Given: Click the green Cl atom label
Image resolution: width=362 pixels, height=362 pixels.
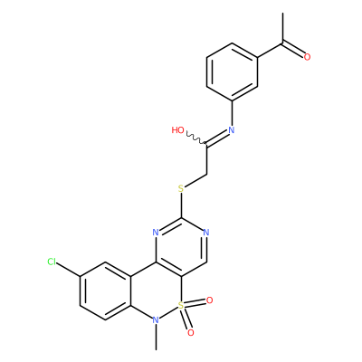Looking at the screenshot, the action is tap(52, 262).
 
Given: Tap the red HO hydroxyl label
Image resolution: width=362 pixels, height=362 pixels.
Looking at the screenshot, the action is tap(177, 130).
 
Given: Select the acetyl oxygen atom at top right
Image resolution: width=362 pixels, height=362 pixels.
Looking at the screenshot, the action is tap(307, 57).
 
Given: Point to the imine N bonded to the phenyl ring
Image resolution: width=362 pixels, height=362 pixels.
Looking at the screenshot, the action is tap(232, 130).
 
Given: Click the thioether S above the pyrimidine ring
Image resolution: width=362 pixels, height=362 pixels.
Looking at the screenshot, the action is tap(181, 189).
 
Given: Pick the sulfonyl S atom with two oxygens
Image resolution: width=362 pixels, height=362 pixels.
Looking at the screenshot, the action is tap(181, 306).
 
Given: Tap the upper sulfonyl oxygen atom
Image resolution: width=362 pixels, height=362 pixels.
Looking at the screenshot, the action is tap(209, 300).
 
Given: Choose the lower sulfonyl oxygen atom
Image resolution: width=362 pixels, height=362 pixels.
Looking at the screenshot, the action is tap(191, 333).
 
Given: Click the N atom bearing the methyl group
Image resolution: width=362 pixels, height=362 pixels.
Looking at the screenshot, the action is tap(156, 320).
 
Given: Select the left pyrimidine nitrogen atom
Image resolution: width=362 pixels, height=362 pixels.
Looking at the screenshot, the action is tap(156, 233).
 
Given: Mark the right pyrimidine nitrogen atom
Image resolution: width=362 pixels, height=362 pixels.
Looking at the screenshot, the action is tap(206, 233).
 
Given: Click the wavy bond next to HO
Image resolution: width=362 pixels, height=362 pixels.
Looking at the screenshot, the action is tap(195, 138).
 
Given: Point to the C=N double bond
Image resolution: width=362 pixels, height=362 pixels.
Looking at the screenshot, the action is tap(217, 138).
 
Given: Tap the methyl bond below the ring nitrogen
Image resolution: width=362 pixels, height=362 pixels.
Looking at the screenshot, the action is tap(156, 338).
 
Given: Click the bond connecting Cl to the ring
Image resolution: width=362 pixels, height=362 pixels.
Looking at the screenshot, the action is tap(69, 270).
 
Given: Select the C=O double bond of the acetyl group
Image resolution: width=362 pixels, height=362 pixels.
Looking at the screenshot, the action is tap(292, 50).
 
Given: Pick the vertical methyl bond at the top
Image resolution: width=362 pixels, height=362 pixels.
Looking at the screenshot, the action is tap(282, 28).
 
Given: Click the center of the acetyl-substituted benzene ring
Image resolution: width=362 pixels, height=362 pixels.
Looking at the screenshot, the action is tap(232, 71).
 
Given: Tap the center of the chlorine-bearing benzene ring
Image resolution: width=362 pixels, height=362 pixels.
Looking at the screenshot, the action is tap(106, 291).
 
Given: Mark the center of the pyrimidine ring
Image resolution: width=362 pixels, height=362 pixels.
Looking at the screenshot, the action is tap(181, 247).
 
